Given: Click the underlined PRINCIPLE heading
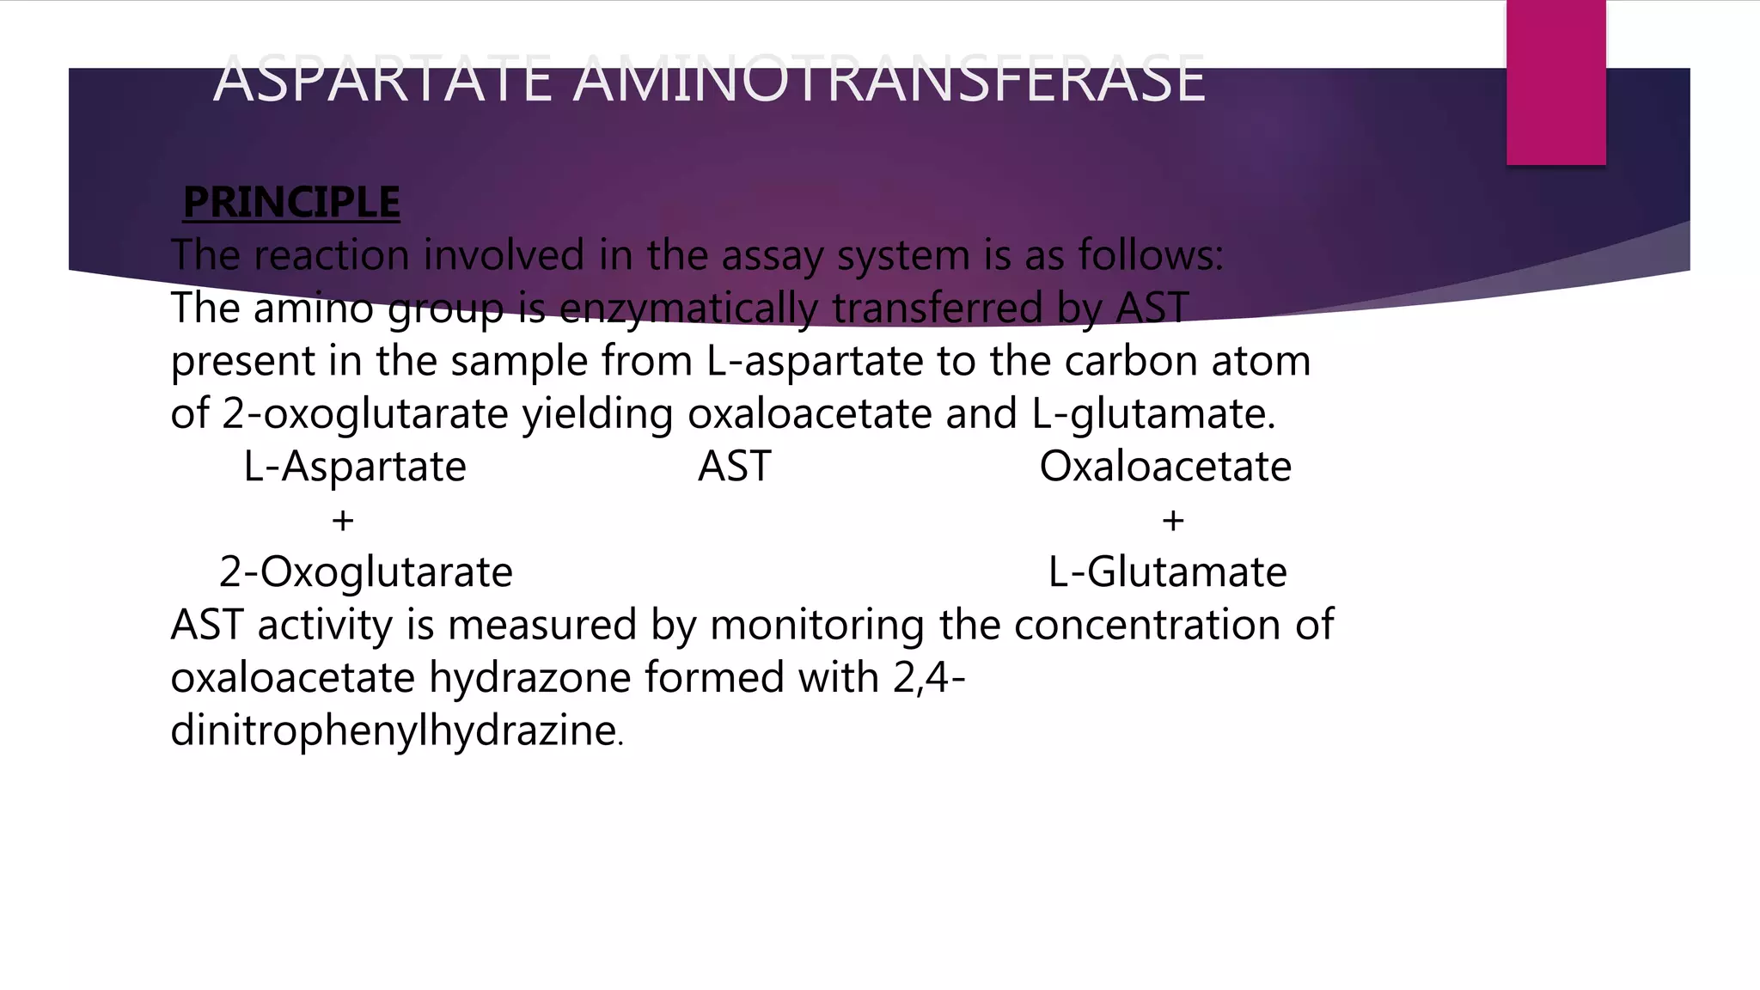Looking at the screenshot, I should click(291, 203).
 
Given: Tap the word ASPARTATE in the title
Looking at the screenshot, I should click(382, 79).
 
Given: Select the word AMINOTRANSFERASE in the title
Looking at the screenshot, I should click(889, 79).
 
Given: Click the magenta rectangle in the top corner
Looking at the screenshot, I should click(1555, 82).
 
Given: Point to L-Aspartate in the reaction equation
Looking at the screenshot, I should click(355, 467).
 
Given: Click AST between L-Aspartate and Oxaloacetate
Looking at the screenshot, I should click(735, 467).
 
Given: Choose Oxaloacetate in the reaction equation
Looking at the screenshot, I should click(1165, 467).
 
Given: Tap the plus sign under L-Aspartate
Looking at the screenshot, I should click(343, 520).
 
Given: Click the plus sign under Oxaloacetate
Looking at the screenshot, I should click(1173, 520).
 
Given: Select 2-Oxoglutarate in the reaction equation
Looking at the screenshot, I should click(366, 572).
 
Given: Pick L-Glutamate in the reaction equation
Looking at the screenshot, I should click(1168, 572).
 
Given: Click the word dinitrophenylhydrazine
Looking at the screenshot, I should click(394, 730).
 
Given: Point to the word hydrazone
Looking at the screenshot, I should click(529, 678).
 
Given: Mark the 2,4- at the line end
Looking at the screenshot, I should click(929, 678).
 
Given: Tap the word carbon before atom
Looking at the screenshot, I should click(1131, 361).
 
